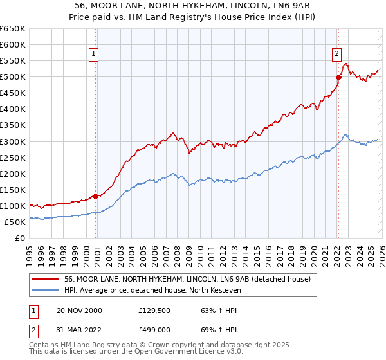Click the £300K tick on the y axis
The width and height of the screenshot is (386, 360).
pyautogui.click(x=12, y=141)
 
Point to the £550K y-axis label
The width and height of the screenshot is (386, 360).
pyautogui.click(x=12, y=61)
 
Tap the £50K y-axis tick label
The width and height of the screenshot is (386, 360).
pyautogui.click(x=15, y=222)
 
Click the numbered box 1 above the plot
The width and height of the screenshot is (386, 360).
pyautogui.click(x=94, y=55)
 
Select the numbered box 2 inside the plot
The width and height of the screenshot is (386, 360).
pyautogui.click(x=336, y=55)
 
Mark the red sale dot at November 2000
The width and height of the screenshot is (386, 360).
pyautogui.click(x=96, y=196)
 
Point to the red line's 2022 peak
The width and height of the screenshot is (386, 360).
pyautogui.click(x=346, y=64)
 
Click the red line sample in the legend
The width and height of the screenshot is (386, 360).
pyautogui.click(x=46, y=279)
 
